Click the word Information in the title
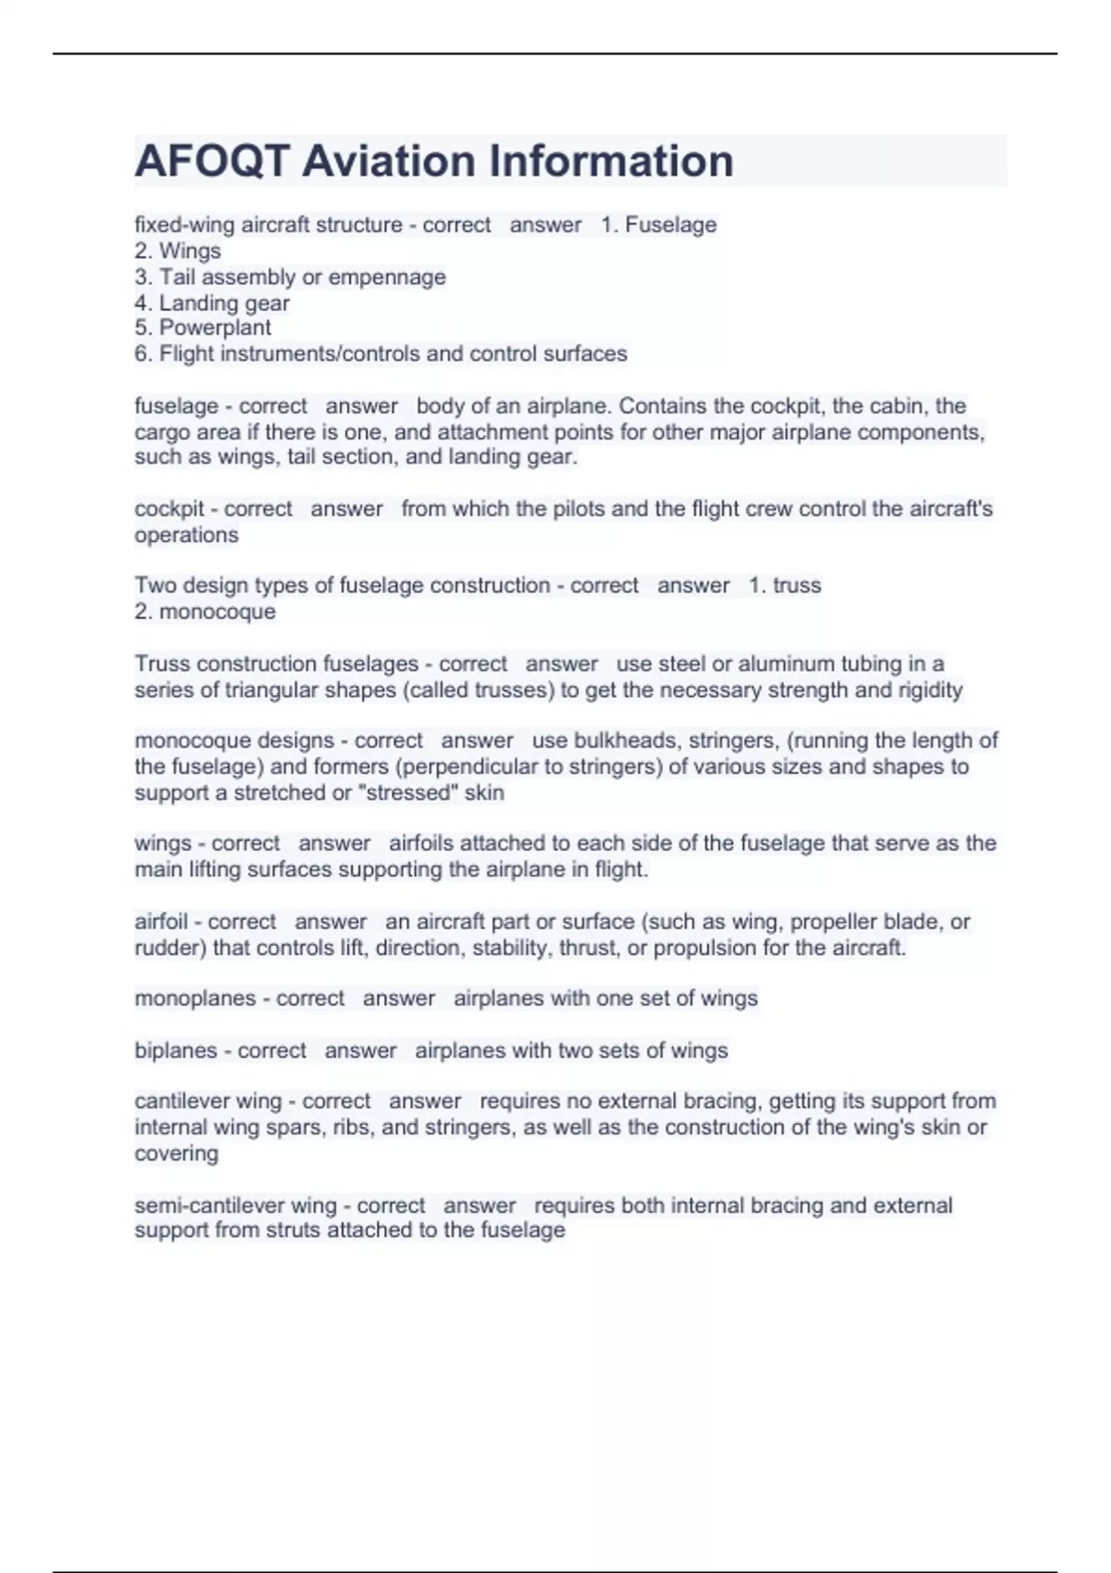(611, 161)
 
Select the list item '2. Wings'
(178, 251)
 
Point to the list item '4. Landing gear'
(212, 303)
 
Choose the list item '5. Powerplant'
(203, 328)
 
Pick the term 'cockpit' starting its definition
(169, 509)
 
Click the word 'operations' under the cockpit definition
(186, 535)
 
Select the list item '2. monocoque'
(205, 612)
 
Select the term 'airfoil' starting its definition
(161, 922)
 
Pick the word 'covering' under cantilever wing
(176, 1154)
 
